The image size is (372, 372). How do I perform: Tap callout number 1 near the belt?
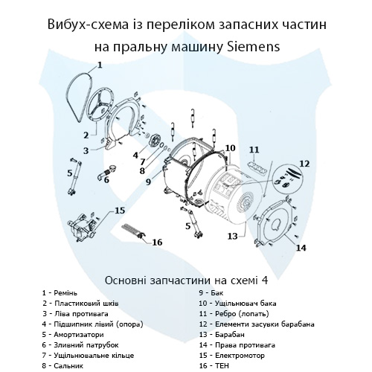[x=100, y=65]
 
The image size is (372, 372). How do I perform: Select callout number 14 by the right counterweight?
[x=301, y=248]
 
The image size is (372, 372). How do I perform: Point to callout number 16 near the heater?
[x=156, y=243]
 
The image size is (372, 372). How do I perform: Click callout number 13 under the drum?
[x=232, y=236]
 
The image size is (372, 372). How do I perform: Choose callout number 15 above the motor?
[x=119, y=211]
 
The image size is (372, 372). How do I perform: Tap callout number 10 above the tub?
[x=230, y=147]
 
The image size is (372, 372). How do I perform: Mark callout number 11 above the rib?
[x=254, y=150]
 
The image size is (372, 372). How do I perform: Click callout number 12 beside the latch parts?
[x=304, y=163]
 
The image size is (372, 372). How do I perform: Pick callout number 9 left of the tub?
[x=148, y=182]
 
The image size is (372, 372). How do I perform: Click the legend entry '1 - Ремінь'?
[x=65, y=293]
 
